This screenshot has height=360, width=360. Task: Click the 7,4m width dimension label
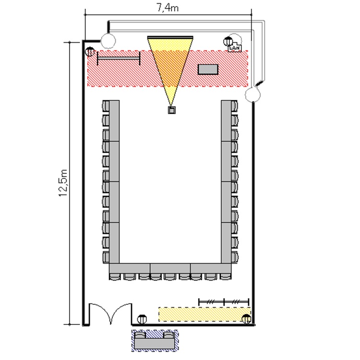coord(168,8)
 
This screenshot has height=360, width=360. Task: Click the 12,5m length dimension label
coord(63,183)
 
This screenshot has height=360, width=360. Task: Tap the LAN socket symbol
coord(235,47)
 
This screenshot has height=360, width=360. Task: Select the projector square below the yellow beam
coord(172,110)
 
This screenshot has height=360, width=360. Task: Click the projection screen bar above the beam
coord(170,37)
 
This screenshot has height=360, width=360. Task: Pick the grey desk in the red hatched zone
coord(208,69)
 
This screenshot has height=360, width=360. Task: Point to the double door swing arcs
coord(111,312)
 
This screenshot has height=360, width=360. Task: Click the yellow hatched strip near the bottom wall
coord(204,314)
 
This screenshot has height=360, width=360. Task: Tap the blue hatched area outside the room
coord(155,340)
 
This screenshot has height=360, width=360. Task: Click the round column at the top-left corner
coord(108,41)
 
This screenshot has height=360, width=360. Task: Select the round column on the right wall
coord(252,94)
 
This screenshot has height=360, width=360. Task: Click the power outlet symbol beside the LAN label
coord(228,41)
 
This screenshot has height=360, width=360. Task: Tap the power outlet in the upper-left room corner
coord(90,52)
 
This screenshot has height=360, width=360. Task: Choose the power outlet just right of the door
coord(142,319)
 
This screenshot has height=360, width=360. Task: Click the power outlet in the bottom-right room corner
coord(247,319)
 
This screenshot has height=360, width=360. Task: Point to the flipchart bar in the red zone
coord(119,59)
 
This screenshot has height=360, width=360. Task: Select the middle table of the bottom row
coord(170,268)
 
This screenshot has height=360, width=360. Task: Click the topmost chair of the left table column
coord(106,106)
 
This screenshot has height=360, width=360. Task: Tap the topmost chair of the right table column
coord(234,106)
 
